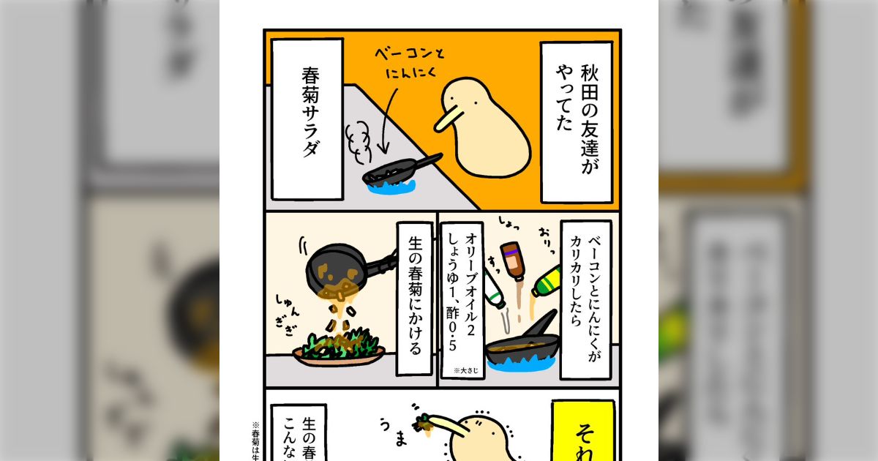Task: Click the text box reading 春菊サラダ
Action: click(x=307, y=119)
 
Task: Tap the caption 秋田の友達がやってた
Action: click(x=576, y=121)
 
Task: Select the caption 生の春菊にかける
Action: click(x=416, y=299)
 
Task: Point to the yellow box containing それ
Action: click(x=582, y=432)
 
